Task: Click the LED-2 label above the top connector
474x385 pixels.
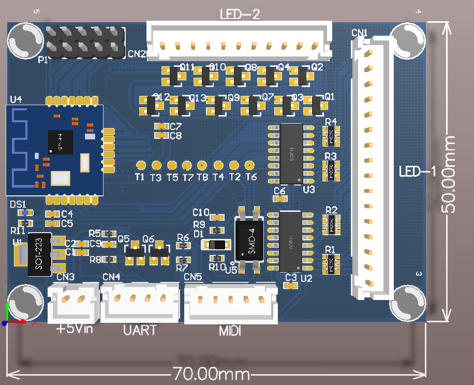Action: tap(240, 14)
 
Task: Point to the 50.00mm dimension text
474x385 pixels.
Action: tap(448, 174)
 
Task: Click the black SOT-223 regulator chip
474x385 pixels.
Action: tap(39, 254)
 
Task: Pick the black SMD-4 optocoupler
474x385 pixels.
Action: tap(249, 239)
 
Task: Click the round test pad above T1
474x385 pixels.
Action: tap(141, 165)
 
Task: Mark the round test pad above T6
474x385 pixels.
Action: tap(249, 165)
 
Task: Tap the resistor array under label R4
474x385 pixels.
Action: tap(330, 136)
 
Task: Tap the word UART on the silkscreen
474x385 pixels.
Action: tap(140, 330)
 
